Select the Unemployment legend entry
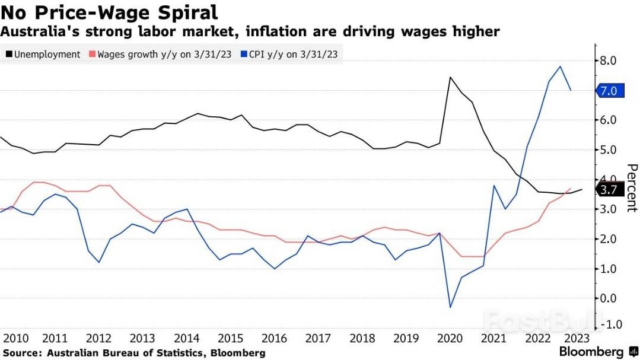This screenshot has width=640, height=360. tap(43, 54)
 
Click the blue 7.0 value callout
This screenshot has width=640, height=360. tap(611, 91)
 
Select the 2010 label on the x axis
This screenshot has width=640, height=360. tap(16, 338)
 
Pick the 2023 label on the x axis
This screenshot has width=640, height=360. tap(576, 338)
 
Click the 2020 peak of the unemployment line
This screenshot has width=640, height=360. tap(450, 77)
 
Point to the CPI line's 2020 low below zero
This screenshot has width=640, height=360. tap(450, 307)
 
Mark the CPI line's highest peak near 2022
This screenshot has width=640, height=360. tap(560, 66)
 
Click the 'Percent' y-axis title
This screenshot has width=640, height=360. tap(631, 188)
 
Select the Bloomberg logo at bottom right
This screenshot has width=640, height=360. tap(591, 352)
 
